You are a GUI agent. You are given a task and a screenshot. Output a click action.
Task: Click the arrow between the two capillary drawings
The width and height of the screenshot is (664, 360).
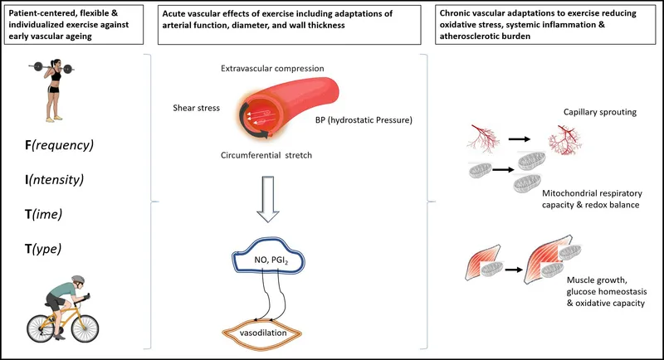coord(518,139)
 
